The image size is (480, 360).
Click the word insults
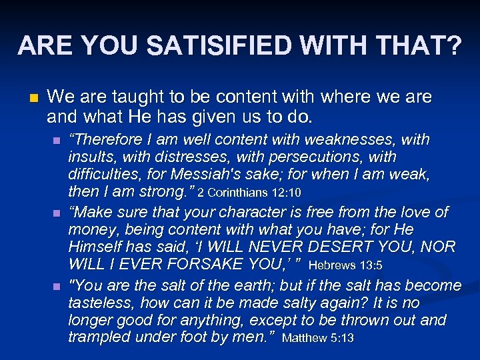90,157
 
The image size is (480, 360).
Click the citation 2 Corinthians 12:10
249,194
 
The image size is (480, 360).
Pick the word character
221,213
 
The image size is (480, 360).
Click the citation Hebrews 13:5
345,266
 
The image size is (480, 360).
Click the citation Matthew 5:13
318,339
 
